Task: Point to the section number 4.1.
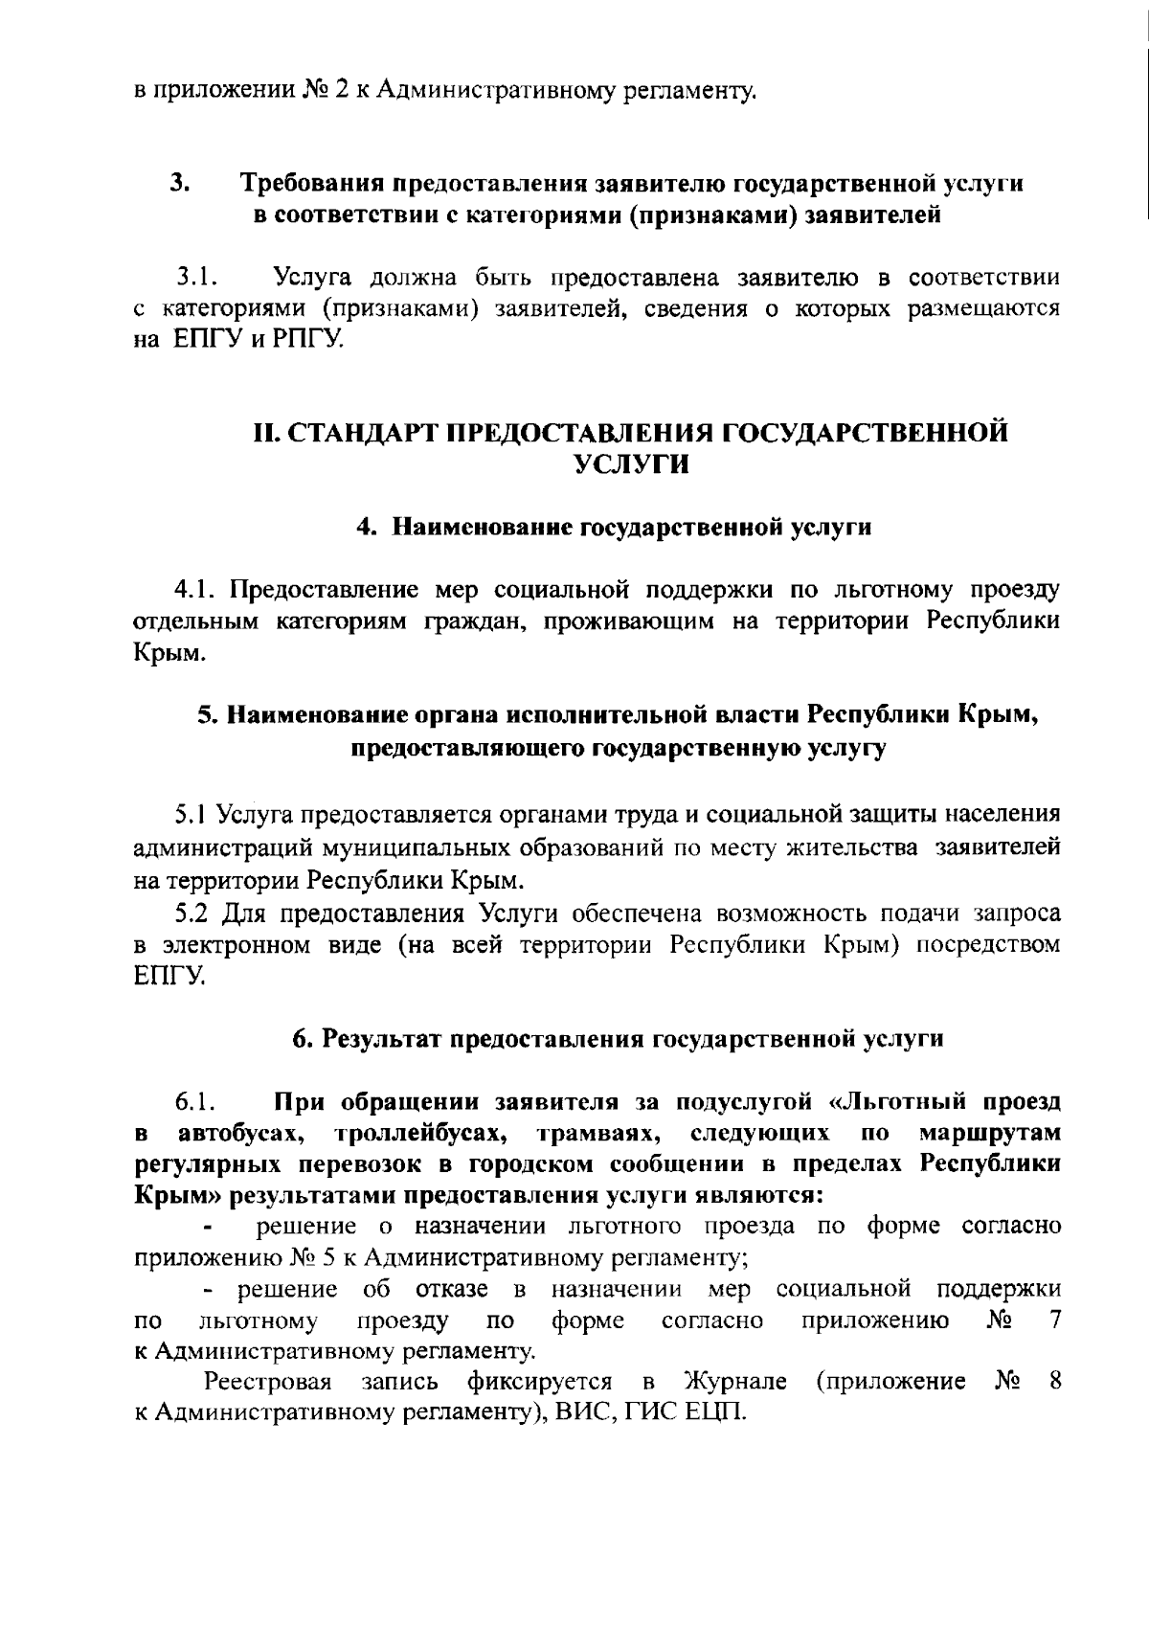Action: click(x=194, y=586)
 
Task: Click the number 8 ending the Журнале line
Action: click(x=1053, y=1382)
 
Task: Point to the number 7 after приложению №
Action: click(x=1054, y=1321)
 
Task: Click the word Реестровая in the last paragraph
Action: click(x=267, y=1382)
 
